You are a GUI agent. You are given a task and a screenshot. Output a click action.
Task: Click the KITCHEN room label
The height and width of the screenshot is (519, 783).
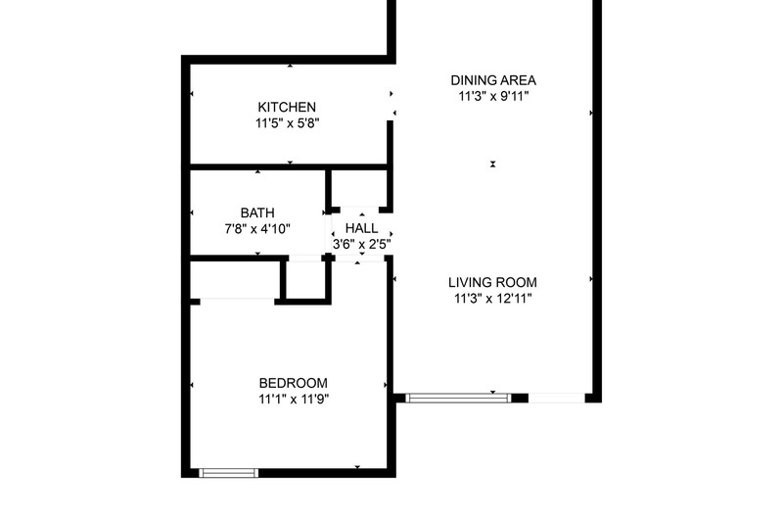(287, 107)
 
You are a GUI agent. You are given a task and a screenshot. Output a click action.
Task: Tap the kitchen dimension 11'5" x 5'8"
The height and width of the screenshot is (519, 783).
(287, 122)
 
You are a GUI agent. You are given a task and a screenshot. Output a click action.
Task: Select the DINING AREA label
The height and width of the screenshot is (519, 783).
(493, 80)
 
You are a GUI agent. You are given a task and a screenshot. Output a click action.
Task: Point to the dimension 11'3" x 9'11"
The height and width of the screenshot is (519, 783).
(493, 96)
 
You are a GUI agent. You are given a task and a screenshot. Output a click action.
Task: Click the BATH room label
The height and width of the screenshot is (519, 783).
(257, 212)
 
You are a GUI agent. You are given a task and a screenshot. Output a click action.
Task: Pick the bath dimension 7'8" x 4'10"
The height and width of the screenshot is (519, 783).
(257, 229)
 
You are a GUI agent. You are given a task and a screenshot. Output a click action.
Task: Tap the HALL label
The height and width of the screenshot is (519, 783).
(361, 228)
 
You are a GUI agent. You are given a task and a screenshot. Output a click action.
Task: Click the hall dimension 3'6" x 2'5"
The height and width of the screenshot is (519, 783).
(361, 244)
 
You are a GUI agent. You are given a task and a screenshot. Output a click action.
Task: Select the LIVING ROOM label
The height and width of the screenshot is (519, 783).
(492, 283)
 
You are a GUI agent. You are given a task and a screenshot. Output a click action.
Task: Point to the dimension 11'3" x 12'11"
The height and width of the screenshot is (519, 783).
(493, 299)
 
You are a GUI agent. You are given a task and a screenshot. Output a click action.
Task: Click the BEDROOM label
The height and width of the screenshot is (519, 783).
(293, 383)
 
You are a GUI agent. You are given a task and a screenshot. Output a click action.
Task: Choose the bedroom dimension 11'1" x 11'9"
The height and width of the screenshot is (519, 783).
(294, 400)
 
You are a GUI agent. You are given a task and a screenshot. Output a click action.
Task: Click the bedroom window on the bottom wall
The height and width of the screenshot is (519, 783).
(229, 473)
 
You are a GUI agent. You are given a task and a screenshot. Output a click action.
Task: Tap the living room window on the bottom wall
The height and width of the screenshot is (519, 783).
(458, 399)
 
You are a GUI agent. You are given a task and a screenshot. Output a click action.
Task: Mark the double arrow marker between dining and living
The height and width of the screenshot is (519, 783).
(493, 164)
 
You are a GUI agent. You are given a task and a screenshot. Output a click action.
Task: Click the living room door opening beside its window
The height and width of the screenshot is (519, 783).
(556, 399)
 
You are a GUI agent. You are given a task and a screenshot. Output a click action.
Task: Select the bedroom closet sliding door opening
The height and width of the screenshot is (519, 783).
(237, 302)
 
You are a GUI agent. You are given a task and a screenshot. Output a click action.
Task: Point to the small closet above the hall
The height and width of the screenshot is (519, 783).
(358, 188)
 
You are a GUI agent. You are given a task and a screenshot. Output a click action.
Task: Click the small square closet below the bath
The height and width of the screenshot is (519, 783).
(305, 280)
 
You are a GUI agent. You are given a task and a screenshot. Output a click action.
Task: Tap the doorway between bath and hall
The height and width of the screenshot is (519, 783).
(329, 234)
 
